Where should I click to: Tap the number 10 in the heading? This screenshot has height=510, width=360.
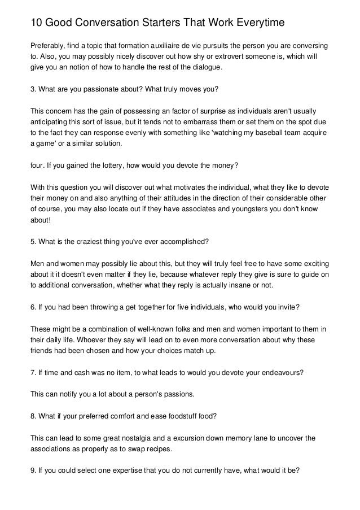(x=36, y=23)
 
